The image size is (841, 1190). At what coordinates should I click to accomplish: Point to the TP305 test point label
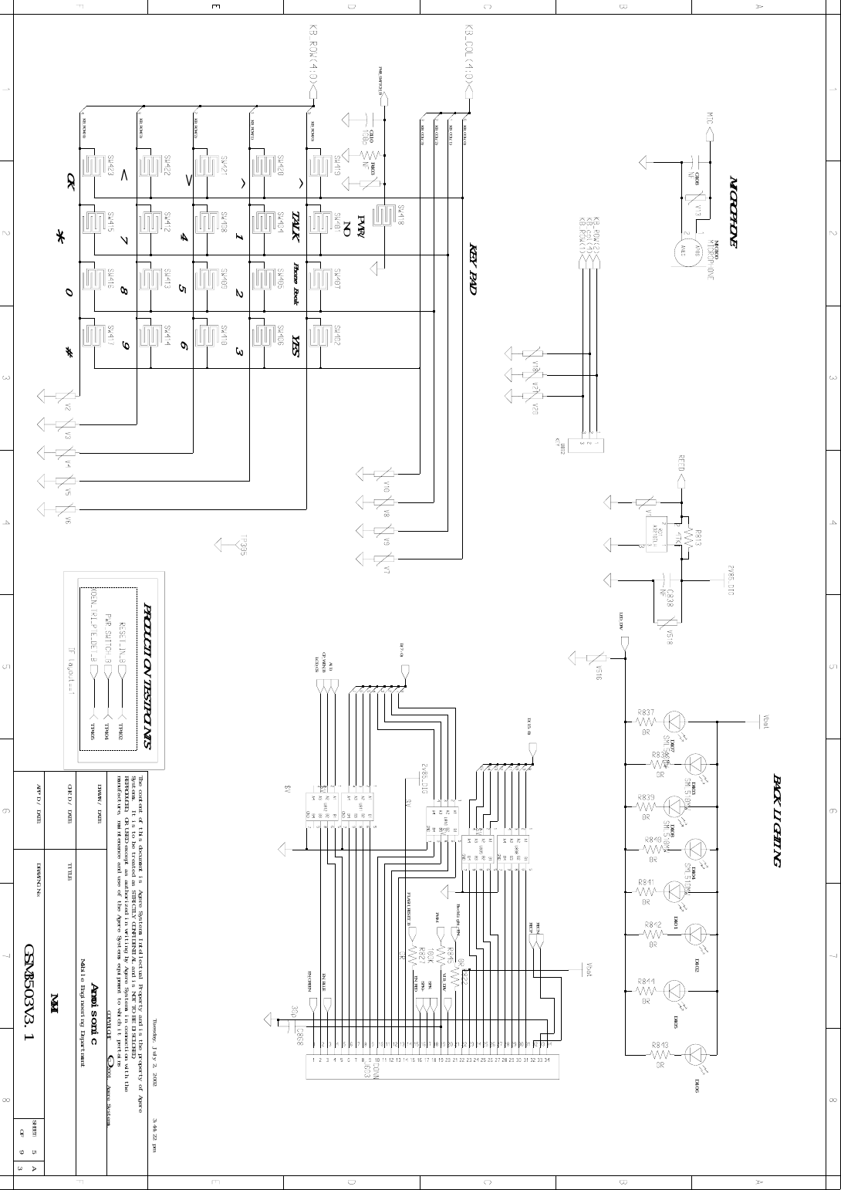tap(244, 546)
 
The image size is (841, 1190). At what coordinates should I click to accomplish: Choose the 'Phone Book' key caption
tap(296, 283)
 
